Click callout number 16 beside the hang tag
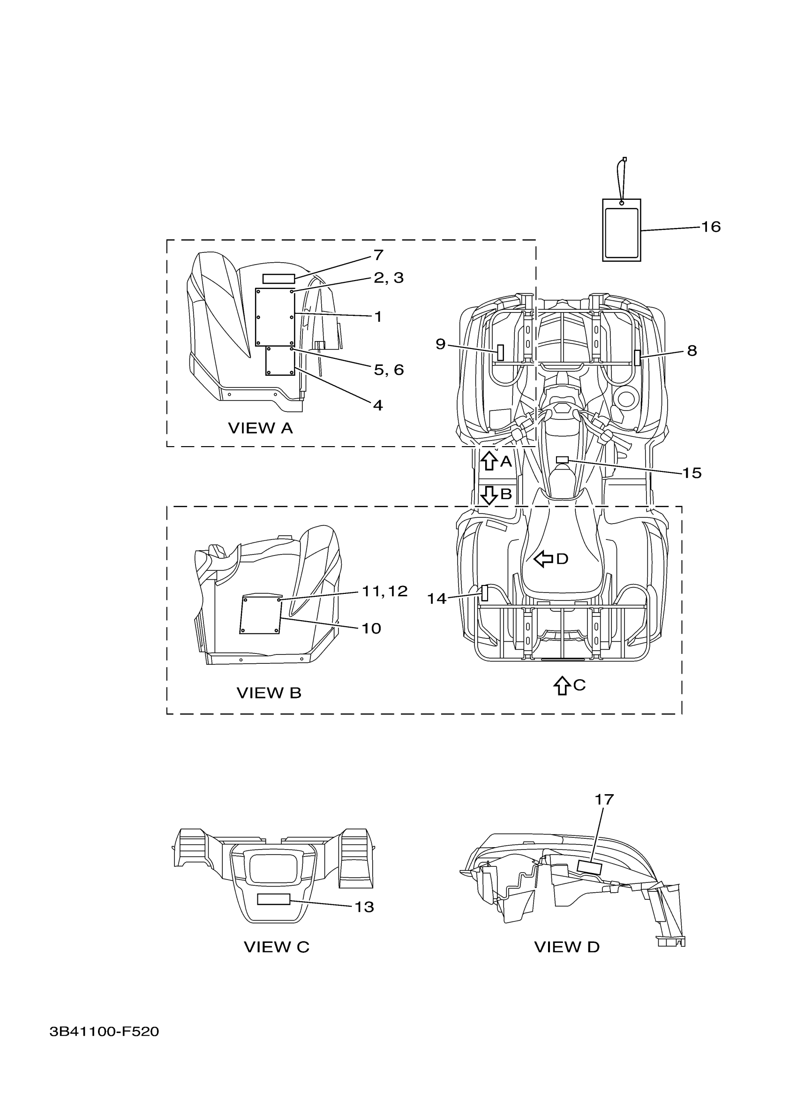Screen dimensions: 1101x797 click(x=711, y=227)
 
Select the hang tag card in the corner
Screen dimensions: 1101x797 click(x=621, y=231)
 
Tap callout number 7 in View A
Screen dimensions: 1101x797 click(x=378, y=254)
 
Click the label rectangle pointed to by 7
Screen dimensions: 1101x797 click(x=278, y=279)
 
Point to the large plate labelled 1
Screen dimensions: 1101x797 click(x=275, y=317)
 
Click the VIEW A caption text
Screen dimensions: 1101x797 click(x=261, y=428)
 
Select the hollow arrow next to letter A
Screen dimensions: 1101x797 click(x=489, y=460)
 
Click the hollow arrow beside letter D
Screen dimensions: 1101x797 click(x=543, y=559)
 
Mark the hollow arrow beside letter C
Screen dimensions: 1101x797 click(x=562, y=685)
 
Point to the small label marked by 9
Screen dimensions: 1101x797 click(x=500, y=353)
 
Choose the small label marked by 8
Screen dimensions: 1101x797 click(x=638, y=357)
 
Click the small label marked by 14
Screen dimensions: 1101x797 click(x=484, y=593)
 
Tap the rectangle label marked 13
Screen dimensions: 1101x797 click(x=273, y=900)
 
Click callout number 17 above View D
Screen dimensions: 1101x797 click(x=604, y=799)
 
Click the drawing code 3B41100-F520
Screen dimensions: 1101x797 click(x=104, y=1045)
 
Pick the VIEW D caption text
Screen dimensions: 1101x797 click(x=567, y=947)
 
